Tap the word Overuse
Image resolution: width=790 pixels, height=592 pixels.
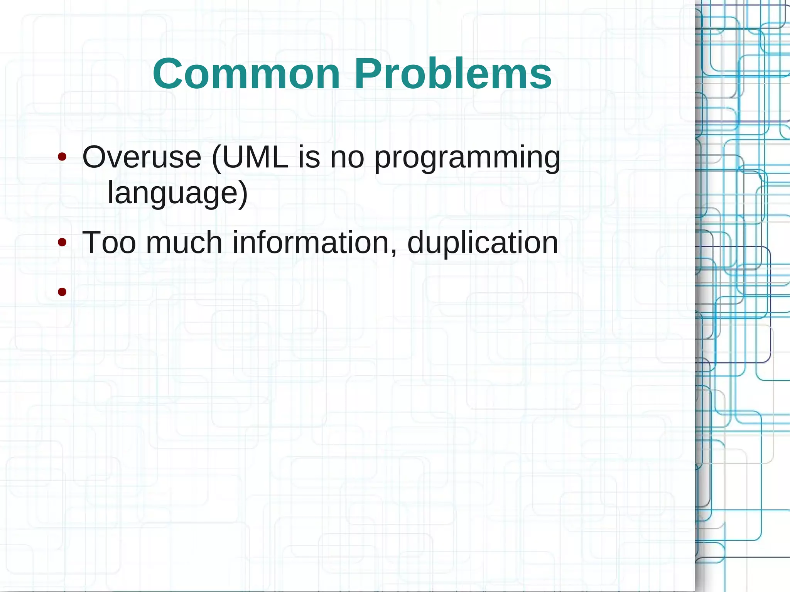coord(142,157)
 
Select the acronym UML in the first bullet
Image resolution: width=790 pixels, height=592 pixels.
coord(255,157)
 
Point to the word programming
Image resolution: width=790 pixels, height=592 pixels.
coord(467,158)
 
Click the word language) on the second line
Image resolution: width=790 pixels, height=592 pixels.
coord(177,193)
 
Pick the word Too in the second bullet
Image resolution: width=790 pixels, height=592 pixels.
coord(109,243)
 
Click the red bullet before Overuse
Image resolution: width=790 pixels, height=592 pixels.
coord(62,157)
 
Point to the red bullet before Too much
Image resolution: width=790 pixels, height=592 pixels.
coord(62,243)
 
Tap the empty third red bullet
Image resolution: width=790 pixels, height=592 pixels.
coord(62,292)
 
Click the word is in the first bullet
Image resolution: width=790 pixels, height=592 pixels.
coord(309,157)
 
